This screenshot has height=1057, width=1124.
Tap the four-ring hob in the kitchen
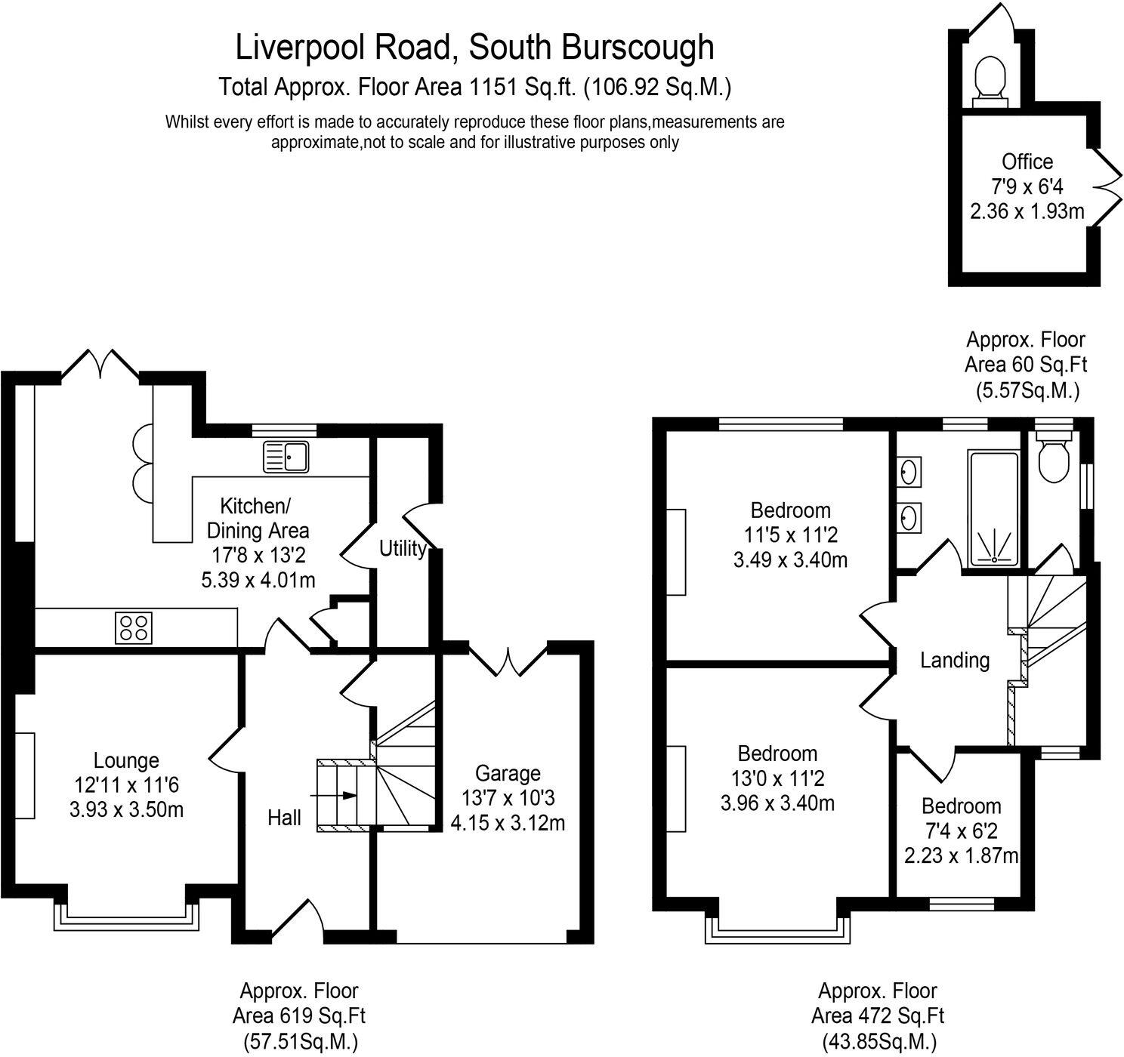pyautogui.click(x=134, y=627)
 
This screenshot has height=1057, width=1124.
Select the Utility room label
pyautogui.click(x=402, y=548)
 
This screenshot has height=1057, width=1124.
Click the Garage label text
pyautogui.click(x=508, y=773)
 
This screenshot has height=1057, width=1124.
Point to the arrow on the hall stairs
pyautogui.click(x=348, y=795)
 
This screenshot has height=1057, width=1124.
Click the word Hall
pyautogui.click(x=285, y=818)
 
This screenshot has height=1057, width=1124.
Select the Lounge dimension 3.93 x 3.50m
pyautogui.click(x=126, y=810)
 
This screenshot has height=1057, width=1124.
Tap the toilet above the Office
pyautogui.click(x=990, y=80)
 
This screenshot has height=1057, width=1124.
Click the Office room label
pyautogui.click(x=1027, y=162)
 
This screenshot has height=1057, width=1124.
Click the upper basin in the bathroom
pyautogui.click(x=909, y=473)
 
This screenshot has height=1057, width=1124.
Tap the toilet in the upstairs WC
pyautogui.click(x=1052, y=458)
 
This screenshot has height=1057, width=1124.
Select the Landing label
pyautogui.click(x=955, y=661)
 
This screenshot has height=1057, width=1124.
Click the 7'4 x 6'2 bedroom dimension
pyautogui.click(x=962, y=831)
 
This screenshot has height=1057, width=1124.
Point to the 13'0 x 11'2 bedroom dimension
pyautogui.click(x=778, y=778)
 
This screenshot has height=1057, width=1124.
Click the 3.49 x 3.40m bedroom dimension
pyautogui.click(x=790, y=560)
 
